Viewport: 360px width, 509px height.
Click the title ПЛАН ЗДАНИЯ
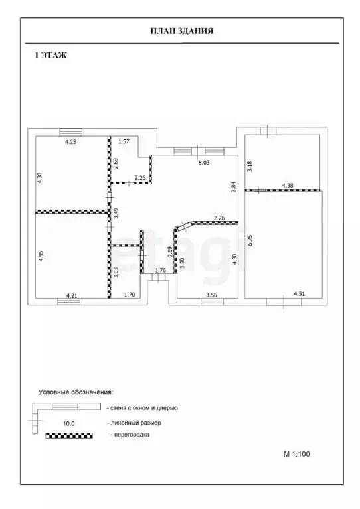(181, 31)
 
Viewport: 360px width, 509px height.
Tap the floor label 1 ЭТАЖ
(50, 56)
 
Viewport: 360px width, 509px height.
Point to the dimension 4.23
(71, 141)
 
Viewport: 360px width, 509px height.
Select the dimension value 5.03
(204, 163)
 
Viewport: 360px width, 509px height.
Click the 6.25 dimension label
(250, 240)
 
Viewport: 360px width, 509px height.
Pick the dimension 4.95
(41, 255)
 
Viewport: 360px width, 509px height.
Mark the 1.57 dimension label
(124, 141)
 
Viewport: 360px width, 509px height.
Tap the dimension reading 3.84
(233, 187)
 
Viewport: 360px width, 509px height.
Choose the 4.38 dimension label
(288, 186)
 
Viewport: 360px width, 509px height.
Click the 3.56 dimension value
(211, 295)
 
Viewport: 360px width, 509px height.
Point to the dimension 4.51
(300, 294)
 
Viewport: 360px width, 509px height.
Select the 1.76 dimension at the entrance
(161, 270)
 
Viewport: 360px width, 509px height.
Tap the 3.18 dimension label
(250, 166)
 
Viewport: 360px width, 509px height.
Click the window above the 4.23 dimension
(71, 132)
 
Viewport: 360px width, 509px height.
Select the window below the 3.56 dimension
(212, 302)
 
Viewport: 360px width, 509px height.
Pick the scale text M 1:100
(297, 454)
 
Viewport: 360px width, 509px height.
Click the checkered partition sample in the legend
(69, 435)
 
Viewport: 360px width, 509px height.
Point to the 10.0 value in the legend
(68, 423)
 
